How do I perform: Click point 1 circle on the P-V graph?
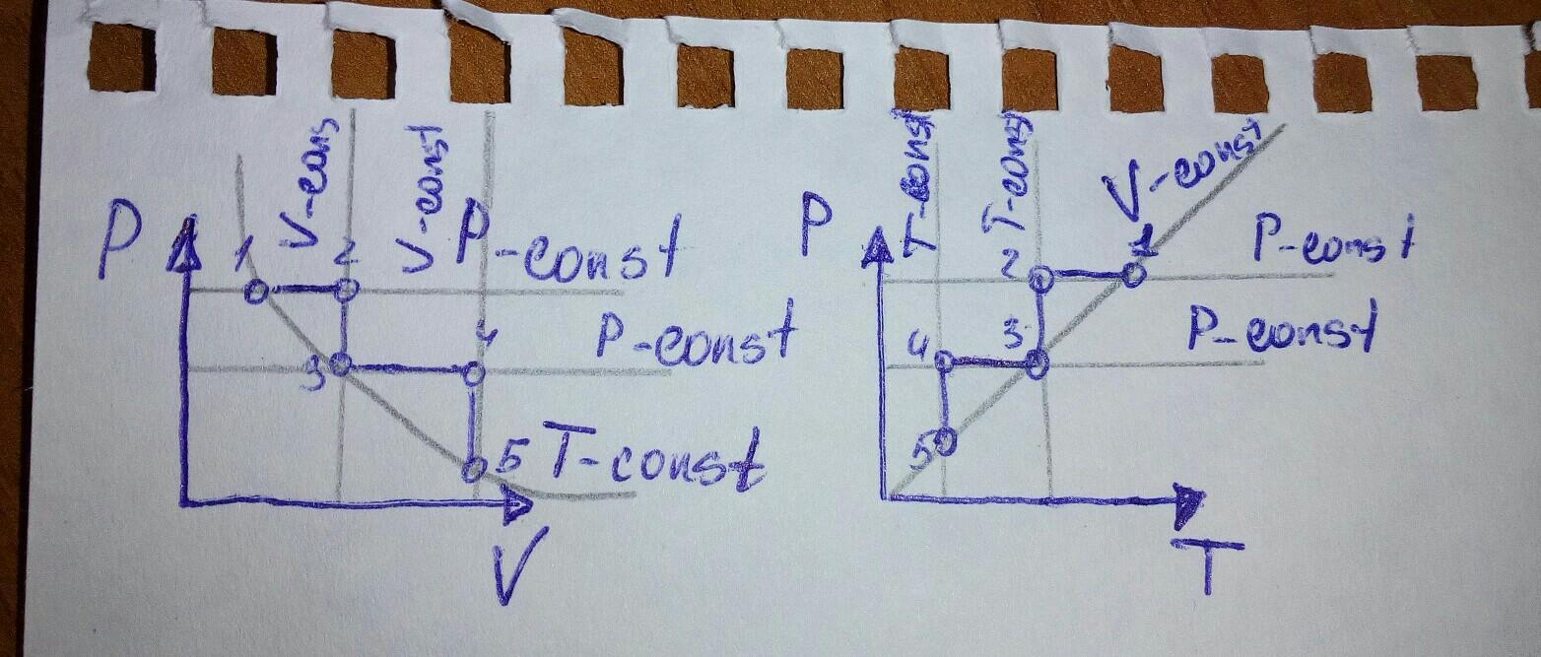click(x=254, y=292)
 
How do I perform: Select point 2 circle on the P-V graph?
click(x=346, y=290)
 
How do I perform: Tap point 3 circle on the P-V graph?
click(x=341, y=364)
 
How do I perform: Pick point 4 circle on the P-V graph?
click(x=473, y=373)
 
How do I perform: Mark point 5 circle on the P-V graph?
click(x=474, y=467)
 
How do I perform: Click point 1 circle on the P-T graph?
click(x=1133, y=273)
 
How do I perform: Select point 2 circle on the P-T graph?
click(x=1041, y=280)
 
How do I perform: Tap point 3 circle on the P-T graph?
click(x=1036, y=365)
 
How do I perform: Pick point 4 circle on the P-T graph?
click(x=944, y=361)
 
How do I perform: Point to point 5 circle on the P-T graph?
click(x=945, y=441)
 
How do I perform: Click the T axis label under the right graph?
click(x=1207, y=564)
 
